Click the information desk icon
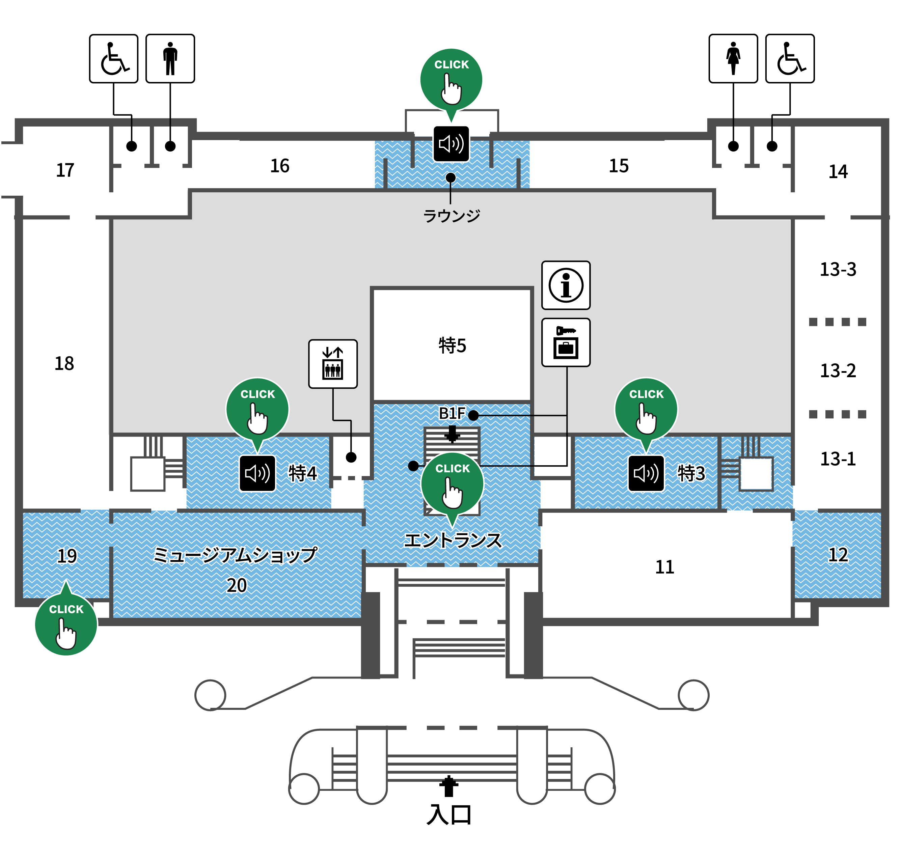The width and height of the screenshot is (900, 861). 566,285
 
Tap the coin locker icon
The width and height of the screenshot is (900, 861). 566,342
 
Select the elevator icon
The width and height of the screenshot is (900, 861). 333,364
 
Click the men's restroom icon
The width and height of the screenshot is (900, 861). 170,58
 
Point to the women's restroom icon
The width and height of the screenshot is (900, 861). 733,58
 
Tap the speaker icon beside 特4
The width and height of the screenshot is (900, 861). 257,473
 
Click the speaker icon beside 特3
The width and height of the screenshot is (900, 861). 646,473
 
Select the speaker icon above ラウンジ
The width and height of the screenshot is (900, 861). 451,144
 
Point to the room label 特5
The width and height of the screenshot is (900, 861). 452,345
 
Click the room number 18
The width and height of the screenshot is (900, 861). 64,363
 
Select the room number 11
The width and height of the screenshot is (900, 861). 664,567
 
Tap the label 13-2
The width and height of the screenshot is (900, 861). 838,370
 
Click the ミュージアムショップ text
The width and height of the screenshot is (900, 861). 235,555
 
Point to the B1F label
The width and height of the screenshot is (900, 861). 452,414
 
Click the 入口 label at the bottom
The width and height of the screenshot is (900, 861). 449,815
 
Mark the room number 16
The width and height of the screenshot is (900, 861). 280,166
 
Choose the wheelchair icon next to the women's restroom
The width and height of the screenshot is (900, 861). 790,58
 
